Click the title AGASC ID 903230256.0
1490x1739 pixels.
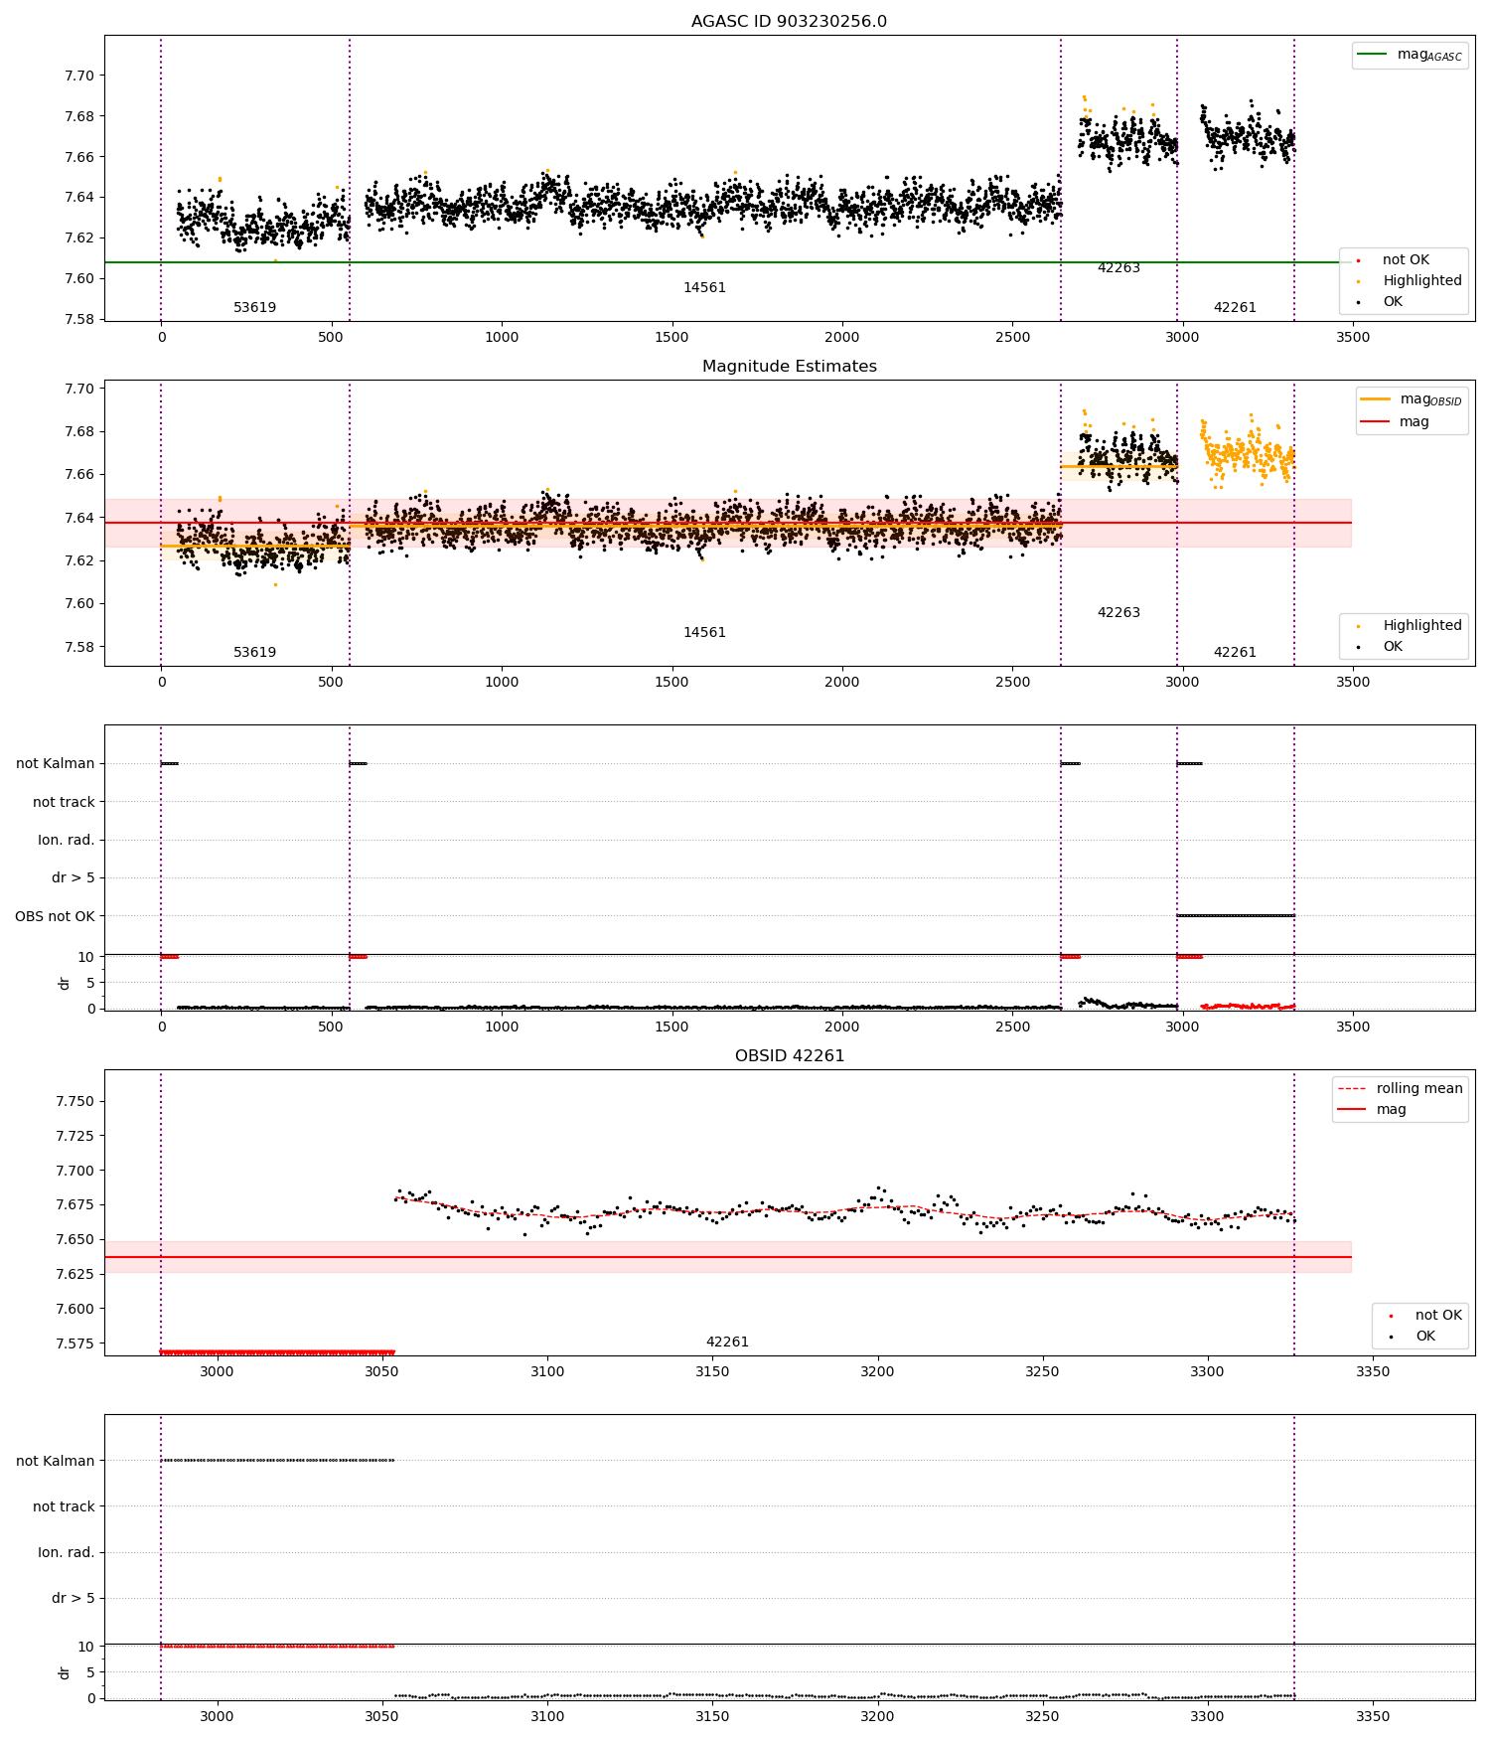tap(789, 22)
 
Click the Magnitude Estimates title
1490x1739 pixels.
tap(789, 367)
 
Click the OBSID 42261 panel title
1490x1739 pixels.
tap(789, 1056)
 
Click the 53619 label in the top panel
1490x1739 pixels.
tap(254, 308)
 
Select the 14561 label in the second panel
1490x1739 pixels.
tap(704, 633)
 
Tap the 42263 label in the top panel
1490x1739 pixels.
tap(1118, 268)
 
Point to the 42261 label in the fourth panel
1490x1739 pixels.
tap(727, 1343)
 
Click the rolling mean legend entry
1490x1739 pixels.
tap(1418, 1089)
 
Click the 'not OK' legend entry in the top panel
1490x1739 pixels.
tap(1406, 260)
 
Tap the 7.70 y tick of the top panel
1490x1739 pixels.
tap(79, 77)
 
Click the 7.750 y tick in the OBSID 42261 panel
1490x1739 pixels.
tap(75, 1102)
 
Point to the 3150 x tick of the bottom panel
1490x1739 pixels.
tap(712, 1716)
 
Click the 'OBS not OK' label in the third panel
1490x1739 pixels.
tap(55, 916)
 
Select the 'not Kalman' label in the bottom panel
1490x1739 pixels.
tap(55, 1461)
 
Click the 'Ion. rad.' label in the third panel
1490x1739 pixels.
tap(66, 841)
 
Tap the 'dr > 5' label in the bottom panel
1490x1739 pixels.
tap(73, 1599)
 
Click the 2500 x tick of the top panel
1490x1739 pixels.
tap(1012, 337)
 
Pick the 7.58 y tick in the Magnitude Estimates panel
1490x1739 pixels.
tap(79, 647)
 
